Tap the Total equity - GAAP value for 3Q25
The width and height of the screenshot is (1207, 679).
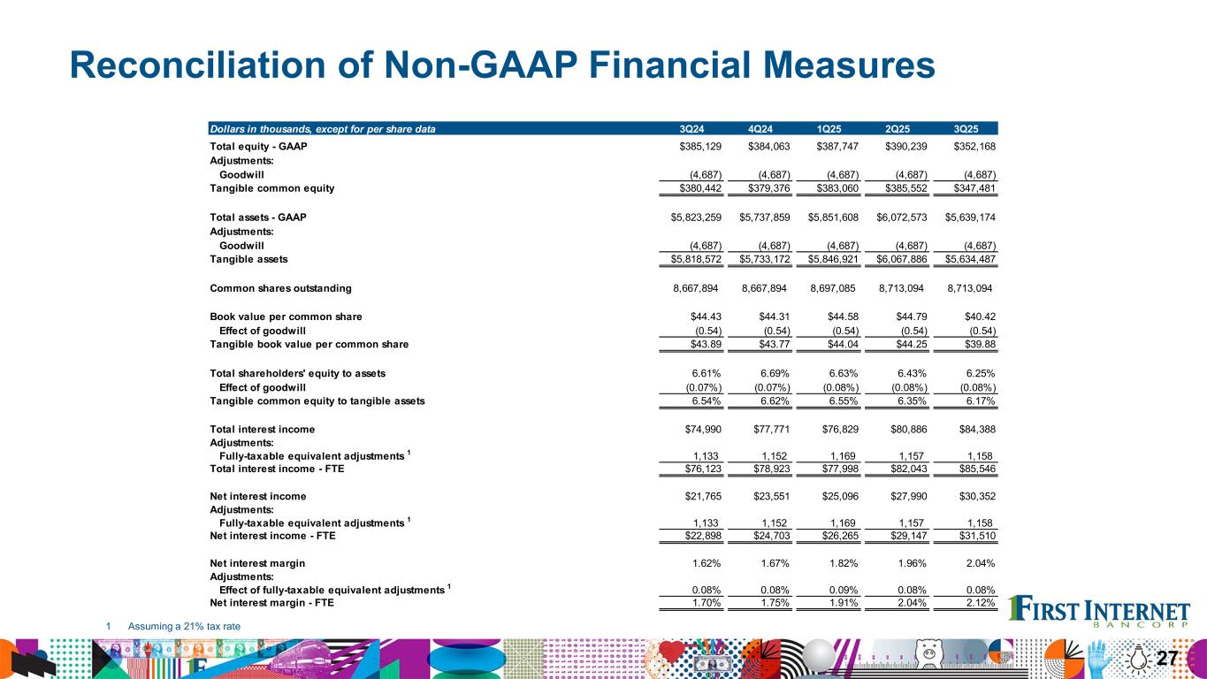coord(970,146)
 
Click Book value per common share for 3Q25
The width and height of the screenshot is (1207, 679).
coord(975,317)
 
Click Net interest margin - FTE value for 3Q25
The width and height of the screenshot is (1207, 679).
coord(979,605)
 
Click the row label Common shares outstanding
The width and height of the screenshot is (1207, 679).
coord(280,288)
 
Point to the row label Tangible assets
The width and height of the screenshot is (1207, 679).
coord(248,259)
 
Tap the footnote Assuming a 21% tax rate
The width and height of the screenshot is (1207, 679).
coord(184,626)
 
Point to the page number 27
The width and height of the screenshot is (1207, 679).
coord(1167,658)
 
